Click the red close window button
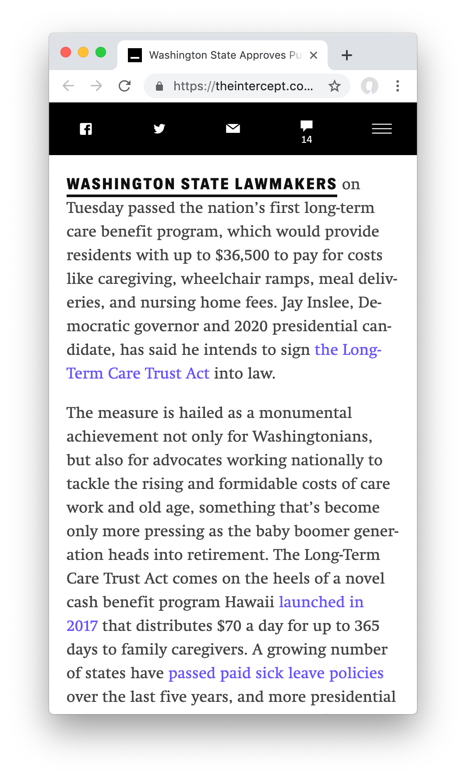[x=66, y=53]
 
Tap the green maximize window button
[x=101, y=53]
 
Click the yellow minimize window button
[x=83, y=53]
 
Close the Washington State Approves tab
[x=314, y=55]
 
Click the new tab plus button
[x=347, y=55]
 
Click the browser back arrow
[x=68, y=86]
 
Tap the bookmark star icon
[x=335, y=86]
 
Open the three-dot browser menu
[x=398, y=86]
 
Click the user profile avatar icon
[x=370, y=86]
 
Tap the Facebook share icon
[x=86, y=129]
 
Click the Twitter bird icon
[x=159, y=129]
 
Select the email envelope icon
[x=233, y=128]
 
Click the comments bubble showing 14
[x=307, y=131]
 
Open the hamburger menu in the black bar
[x=382, y=129]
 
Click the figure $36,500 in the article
[x=242, y=255]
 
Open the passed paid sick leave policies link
[x=276, y=673]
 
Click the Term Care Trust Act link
[x=138, y=373]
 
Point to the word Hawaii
[x=254, y=602]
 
